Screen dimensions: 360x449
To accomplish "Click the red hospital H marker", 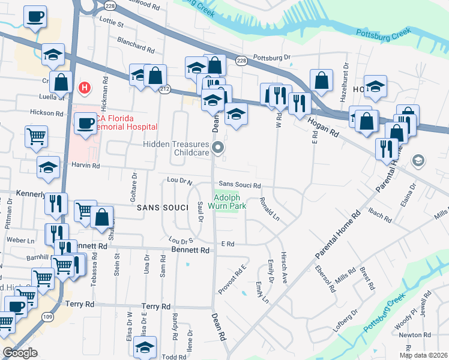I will [85, 87].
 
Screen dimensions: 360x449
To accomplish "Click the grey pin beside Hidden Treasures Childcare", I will [218, 147].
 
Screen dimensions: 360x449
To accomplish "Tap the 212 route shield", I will [165, 88].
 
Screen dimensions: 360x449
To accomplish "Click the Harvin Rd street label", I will [86, 165].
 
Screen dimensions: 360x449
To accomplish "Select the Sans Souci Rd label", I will [240, 185].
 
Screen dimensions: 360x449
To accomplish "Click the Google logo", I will [20, 352].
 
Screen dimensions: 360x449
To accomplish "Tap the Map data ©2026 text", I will [423, 355].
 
